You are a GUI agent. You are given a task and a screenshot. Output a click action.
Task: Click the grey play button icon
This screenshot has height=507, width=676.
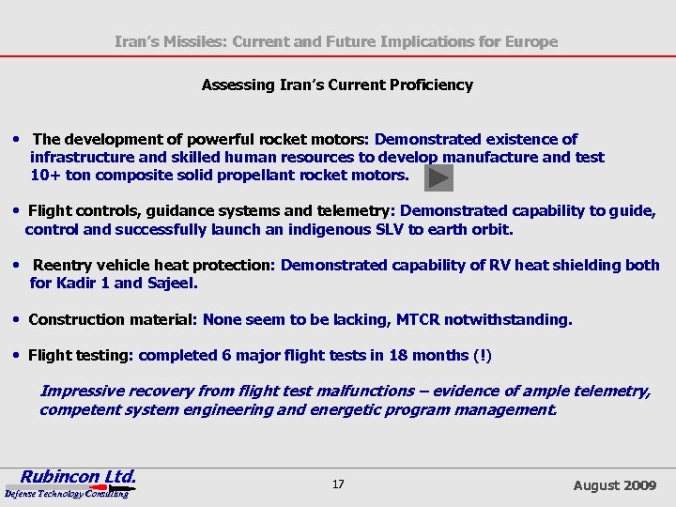(x=439, y=177)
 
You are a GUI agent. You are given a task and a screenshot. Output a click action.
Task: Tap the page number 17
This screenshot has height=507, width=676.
(x=338, y=484)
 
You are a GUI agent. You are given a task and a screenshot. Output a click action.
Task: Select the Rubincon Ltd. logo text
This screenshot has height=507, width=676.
(x=80, y=476)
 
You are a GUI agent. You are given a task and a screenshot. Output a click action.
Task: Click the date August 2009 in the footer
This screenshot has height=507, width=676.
(x=615, y=485)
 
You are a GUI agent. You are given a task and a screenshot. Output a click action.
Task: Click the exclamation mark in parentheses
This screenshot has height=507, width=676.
(x=483, y=355)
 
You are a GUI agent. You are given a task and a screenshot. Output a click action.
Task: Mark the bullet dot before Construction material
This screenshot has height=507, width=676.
(x=19, y=319)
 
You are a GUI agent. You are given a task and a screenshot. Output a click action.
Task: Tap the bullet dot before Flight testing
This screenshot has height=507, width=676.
(x=19, y=355)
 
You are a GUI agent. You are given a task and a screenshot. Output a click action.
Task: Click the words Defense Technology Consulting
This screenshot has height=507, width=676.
(x=66, y=494)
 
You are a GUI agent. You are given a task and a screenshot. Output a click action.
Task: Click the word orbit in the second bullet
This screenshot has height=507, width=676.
(x=492, y=228)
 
